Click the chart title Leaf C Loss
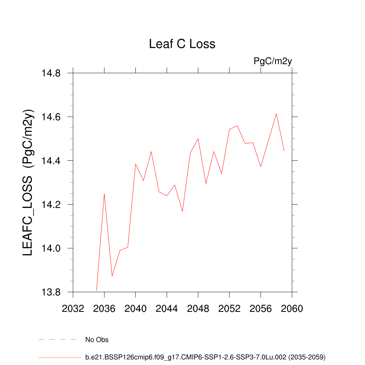pos(182,44)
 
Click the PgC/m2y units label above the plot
pos(273,61)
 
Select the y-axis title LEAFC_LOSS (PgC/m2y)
pos(28,182)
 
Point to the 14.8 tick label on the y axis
pos(52,73)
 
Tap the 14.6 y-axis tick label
pos(52,117)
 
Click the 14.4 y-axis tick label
pos(52,161)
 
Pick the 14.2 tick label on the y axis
pos(52,205)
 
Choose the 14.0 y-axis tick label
pos(52,249)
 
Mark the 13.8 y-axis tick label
pos(52,293)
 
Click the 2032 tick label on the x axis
pos(73,309)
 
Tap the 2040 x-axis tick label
pos(135,309)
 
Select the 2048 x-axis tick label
pos(198,309)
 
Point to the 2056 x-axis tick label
pos(261,309)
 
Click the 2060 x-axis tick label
pos(292,309)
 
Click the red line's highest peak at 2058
pos(276,114)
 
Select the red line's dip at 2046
pos(182,211)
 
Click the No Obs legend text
pos(97,340)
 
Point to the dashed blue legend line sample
pos(58,340)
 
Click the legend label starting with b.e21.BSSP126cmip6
pos(205,357)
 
